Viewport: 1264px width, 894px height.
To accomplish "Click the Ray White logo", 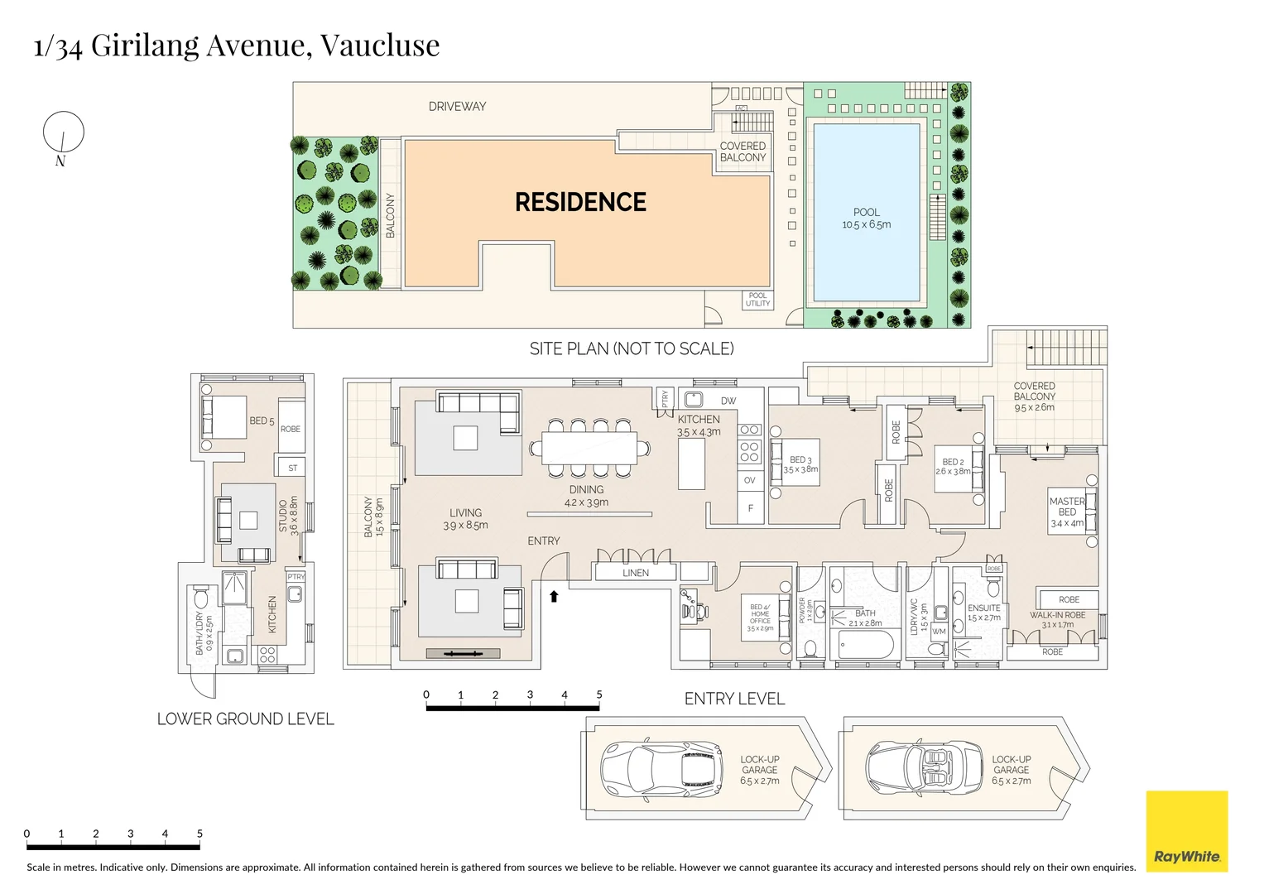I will coord(1186,831).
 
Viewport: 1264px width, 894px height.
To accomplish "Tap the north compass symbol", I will coord(64,132).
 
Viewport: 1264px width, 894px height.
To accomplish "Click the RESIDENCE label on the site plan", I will coord(580,202).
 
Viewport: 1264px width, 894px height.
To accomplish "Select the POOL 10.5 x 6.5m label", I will coord(866,219).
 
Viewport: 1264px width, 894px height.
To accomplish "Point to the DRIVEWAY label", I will coord(457,107).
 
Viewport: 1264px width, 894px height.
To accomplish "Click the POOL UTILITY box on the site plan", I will coord(757,300).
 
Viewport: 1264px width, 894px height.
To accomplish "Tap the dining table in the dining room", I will coord(589,448).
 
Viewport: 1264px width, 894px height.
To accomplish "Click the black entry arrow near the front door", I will coord(554,595).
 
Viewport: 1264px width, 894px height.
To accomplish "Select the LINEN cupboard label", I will coord(635,572).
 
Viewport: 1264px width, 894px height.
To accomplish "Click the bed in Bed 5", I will coord(223,417).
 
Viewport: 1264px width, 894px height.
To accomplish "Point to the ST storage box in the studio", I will coord(291,468).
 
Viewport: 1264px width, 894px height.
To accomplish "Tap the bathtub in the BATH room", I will coord(866,644).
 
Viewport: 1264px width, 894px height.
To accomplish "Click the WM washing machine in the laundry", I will coord(939,631).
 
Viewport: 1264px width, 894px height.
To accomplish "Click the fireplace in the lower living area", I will coord(463,653).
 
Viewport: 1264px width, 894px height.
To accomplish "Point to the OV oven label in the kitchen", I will coord(749,480).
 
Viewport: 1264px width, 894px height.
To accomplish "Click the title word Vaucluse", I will coord(380,46).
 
